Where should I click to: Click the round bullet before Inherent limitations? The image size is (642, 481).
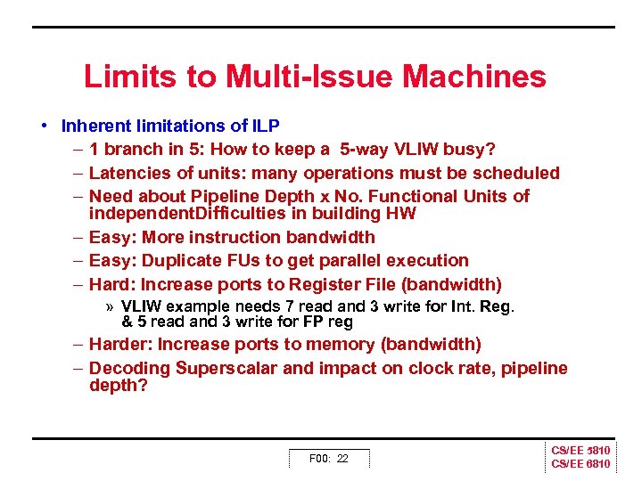tap(44, 126)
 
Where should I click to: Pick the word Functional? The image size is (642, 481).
tap(414, 196)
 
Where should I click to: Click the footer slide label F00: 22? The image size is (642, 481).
tap(328, 459)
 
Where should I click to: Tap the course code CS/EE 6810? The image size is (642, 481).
tap(580, 464)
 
